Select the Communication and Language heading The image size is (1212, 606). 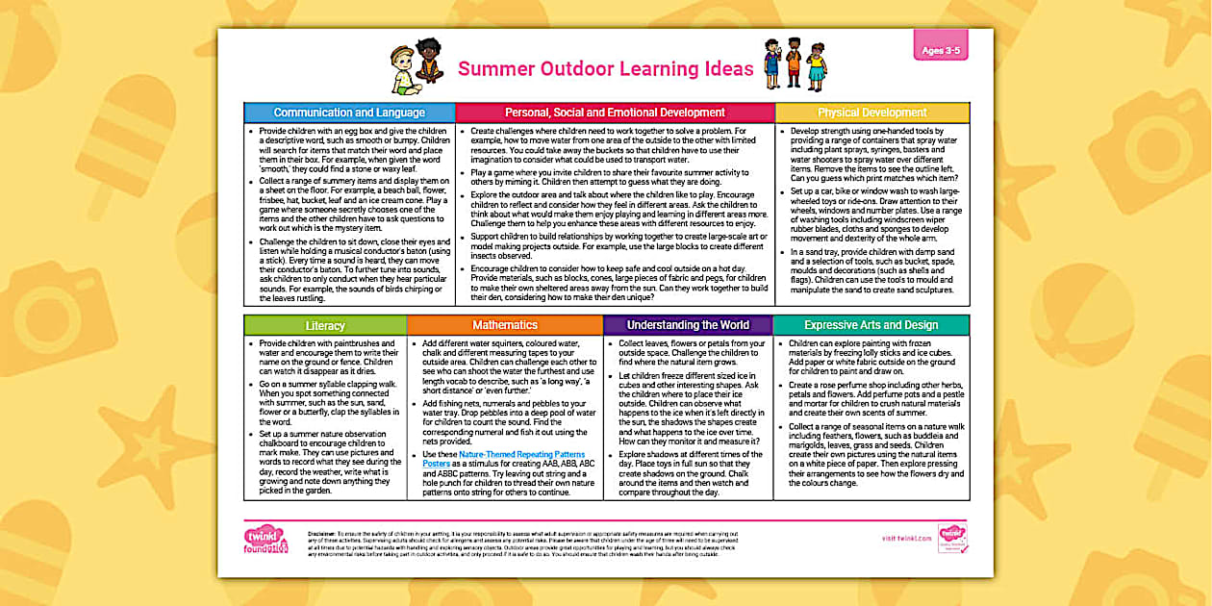click(x=349, y=113)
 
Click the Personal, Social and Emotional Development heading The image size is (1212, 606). click(x=615, y=113)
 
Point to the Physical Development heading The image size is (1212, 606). click(x=871, y=113)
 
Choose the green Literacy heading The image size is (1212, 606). click(x=324, y=325)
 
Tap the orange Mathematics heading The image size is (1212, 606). click(x=504, y=325)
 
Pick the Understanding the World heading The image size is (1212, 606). click(x=688, y=325)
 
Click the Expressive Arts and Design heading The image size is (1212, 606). click(x=871, y=325)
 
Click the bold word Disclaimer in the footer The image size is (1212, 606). click(x=321, y=531)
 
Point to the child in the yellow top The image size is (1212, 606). click(x=817, y=66)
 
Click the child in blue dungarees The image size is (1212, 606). click(x=771, y=65)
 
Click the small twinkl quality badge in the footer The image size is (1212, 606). click(x=952, y=539)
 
